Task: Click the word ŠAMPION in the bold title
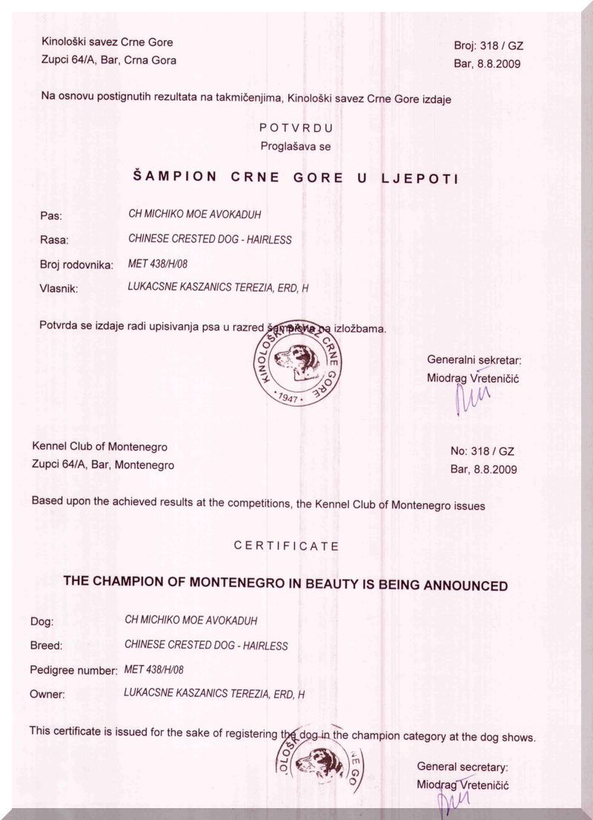pyautogui.click(x=175, y=177)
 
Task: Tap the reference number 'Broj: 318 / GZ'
pyautogui.click(x=488, y=45)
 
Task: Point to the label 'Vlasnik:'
pyautogui.click(x=59, y=288)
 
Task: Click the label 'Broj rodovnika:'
pyautogui.click(x=76, y=264)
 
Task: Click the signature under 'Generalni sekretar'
pyautogui.click(x=472, y=397)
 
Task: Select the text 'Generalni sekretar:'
pyautogui.click(x=474, y=360)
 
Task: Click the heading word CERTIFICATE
pyautogui.click(x=286, y=545)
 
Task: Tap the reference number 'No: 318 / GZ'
pyautogui.click(x=482, y=451)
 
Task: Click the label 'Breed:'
pyautogui.click(x=46, y=646)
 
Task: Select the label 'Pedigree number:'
pyautogui.click(x=73, y=670)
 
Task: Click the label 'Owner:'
pyautogui.click(x=47, y=695)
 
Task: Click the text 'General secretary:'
pyautogui.click(x=463, y=767)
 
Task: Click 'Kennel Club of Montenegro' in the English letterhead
pyautogui.click(x=99, y=447)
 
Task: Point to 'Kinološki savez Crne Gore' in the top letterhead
pyautogui.click(x=107, y=42)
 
